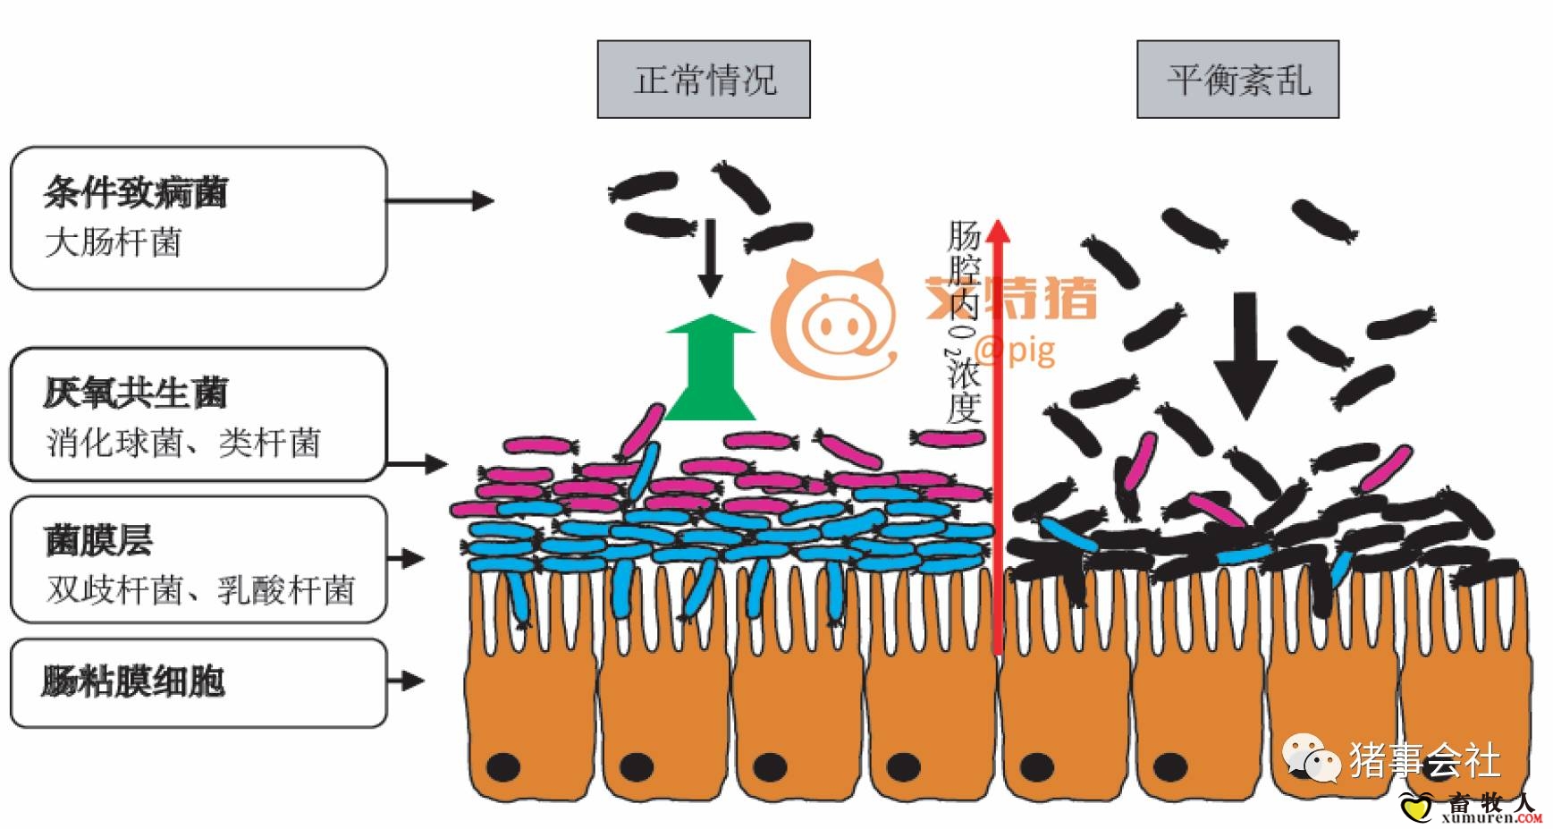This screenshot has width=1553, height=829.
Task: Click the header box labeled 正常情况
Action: pyautogui.click(x=704, y=80)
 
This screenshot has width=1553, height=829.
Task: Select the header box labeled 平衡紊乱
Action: pyautogui.click(x=1237, y=80)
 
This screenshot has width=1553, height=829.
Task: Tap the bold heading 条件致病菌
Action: pyautogui.click(x=136, y=192)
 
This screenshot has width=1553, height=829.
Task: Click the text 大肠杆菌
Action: pyautogui.click(x=114, y=242)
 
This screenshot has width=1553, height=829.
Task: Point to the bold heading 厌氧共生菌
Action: pyautogui.click(x=136, y=393)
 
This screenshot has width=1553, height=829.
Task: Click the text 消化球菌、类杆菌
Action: pyautogui.click(x=183, y=443)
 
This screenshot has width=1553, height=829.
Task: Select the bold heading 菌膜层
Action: pyautogui.click(x=98, y=540)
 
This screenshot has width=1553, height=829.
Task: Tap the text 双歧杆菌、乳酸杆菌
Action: pyautogui.click(x=201, y=590)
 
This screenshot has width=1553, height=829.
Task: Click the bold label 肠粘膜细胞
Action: pyautogui.click(x=133, y=681)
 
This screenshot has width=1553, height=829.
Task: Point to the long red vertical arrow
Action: pyautogui.click(x=999, y=438)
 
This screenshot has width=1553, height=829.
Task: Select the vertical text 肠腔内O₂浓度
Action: pyautogui.click(x=964, y=322)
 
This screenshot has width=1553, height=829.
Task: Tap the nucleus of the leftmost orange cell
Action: pyautogui.click(x=503, y=766)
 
